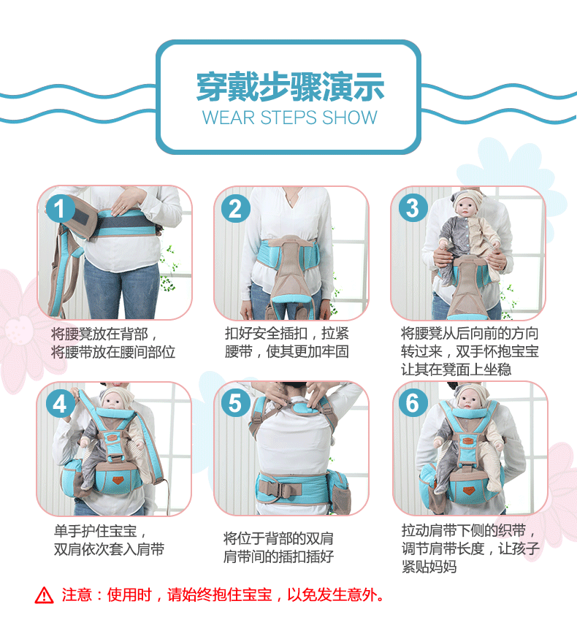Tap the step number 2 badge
point(234,209)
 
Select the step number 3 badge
point(412,208)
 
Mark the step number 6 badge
point(412,403)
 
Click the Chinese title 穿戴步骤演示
point(289,87)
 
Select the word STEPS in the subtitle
point(286,118)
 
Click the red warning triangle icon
point(45,595)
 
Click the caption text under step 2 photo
point(287,342)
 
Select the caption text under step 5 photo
point(278,548)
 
